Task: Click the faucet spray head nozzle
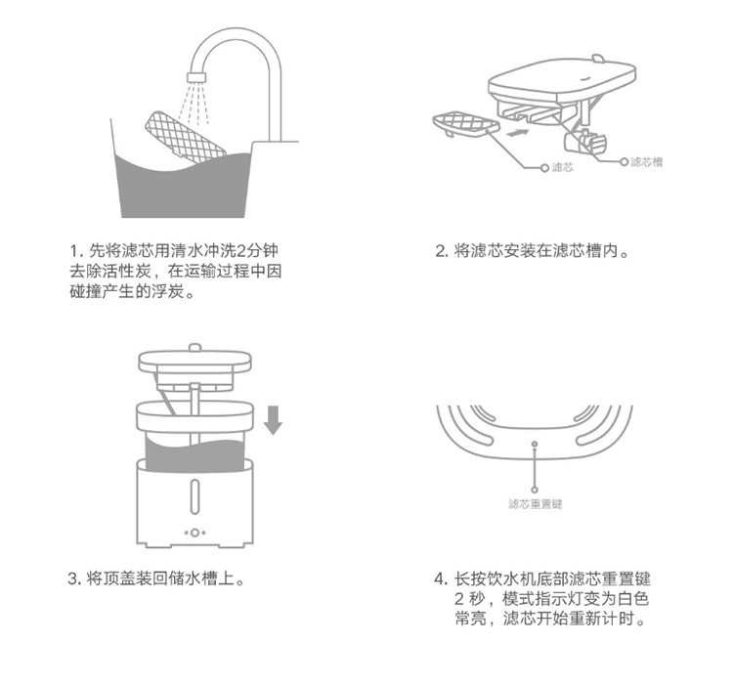pos(196,77)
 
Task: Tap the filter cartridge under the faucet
pos(186,137)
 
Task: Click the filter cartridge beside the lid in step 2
pos(465,124)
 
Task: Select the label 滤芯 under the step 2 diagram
pos(562,167)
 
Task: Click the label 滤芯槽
pos(647,161)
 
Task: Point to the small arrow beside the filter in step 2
pos(517,133)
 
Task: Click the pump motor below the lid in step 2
pos(585,142)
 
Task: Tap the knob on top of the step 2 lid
pos(598,59)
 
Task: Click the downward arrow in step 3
pos(273,420)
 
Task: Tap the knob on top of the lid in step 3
pos(194,347)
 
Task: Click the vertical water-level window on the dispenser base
pos(194,495)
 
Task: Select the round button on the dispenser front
pos(194,533)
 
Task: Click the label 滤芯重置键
pos(536,504)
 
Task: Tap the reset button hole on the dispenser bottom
pos(535,444)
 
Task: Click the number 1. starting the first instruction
pos(76,251)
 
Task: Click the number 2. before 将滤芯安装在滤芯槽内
pos(442,251)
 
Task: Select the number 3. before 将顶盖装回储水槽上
pos(75,579)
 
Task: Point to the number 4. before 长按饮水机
pos(442,579)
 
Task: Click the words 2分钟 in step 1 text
pos(257,250)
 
